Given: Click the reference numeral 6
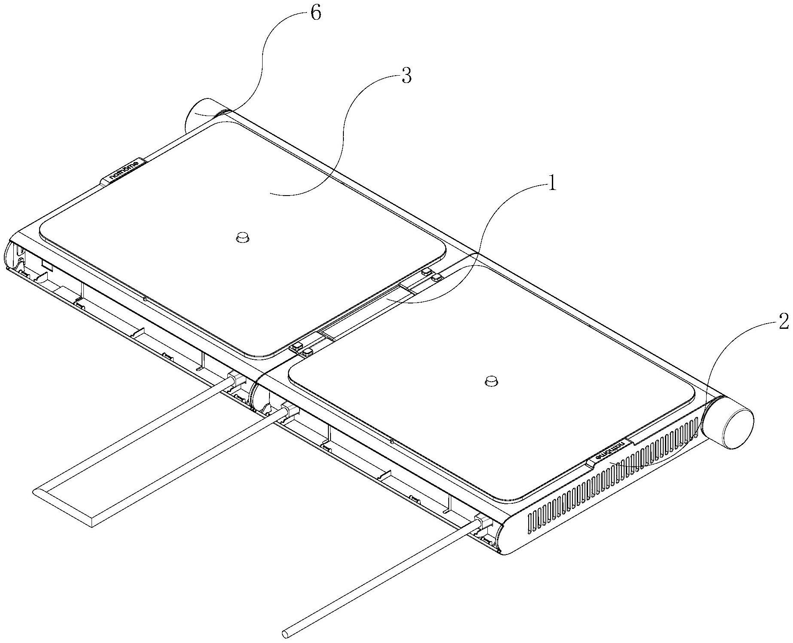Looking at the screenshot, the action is (315, 13).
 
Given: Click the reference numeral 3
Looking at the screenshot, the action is (406, 77).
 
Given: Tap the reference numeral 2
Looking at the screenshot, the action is (783, 321).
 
